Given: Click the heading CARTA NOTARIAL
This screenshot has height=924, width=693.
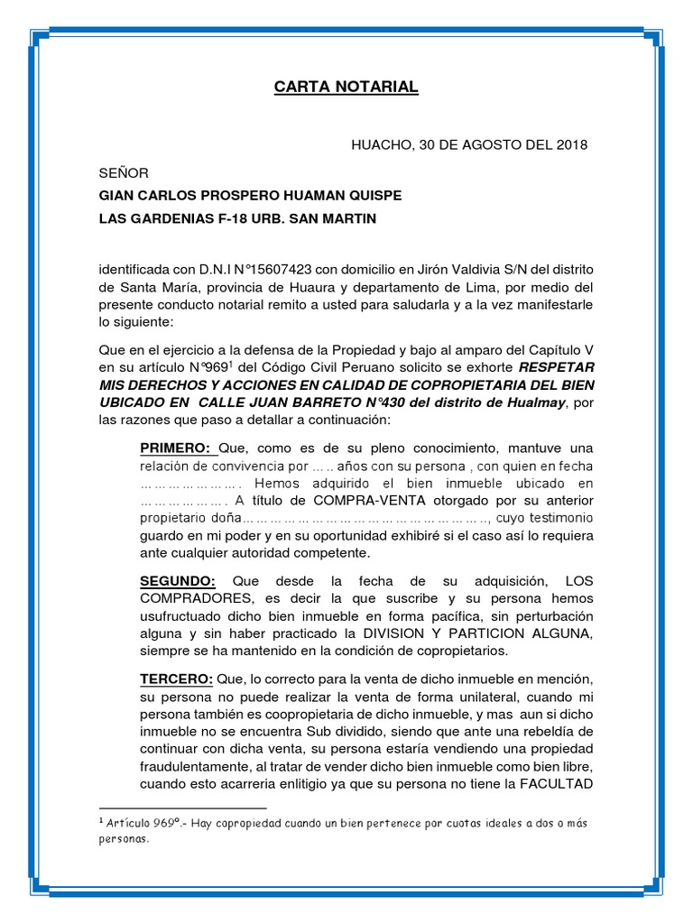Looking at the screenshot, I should point(346,88).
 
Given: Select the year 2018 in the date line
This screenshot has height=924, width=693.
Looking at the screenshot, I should point(571,144).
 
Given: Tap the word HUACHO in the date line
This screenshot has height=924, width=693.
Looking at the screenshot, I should point(381,144).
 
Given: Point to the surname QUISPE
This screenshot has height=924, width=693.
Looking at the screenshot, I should point(374,196).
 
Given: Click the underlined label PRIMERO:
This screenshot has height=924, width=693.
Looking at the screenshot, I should point(175,448).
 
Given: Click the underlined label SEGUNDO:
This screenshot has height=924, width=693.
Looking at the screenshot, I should point(178,581).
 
